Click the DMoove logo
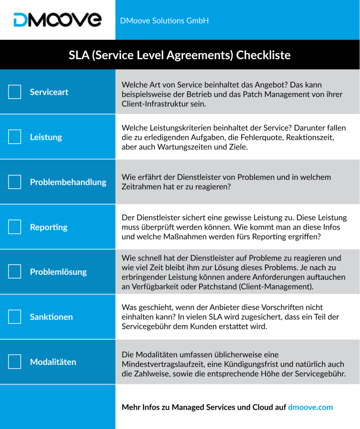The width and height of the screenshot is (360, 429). pos(57,20)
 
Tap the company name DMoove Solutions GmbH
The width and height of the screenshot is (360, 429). pos(164,21)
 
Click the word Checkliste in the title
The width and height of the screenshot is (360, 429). pos(263,55)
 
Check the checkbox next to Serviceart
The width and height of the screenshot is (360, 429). pos(15,92)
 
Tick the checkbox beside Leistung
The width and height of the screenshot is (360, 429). pos(15,137)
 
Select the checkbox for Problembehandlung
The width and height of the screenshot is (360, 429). pos(15,182)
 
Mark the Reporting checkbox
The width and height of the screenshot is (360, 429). pos(15,227)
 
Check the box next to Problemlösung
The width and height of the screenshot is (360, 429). pos(15,272)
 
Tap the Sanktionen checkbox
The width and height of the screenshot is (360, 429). pos(15,317)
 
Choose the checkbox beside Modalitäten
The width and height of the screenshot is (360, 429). pos(15,362)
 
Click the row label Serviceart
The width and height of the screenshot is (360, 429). pos(49,92)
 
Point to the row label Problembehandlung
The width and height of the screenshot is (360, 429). pos(68,182)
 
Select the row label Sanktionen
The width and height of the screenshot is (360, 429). pos(51,317)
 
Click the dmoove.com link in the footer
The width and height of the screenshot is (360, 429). pos(310,407)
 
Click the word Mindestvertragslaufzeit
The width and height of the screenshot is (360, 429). pos(161,364)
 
